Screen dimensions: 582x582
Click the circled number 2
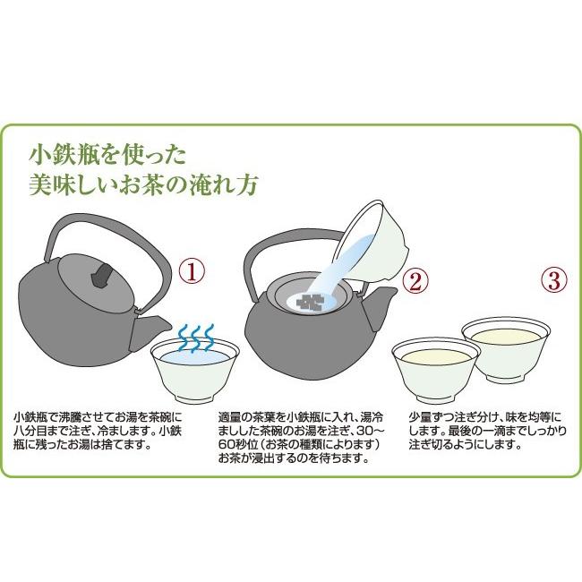413,281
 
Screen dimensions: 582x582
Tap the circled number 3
554,279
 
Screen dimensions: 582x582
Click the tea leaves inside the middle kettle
312,303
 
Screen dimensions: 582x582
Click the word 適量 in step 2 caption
230,417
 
